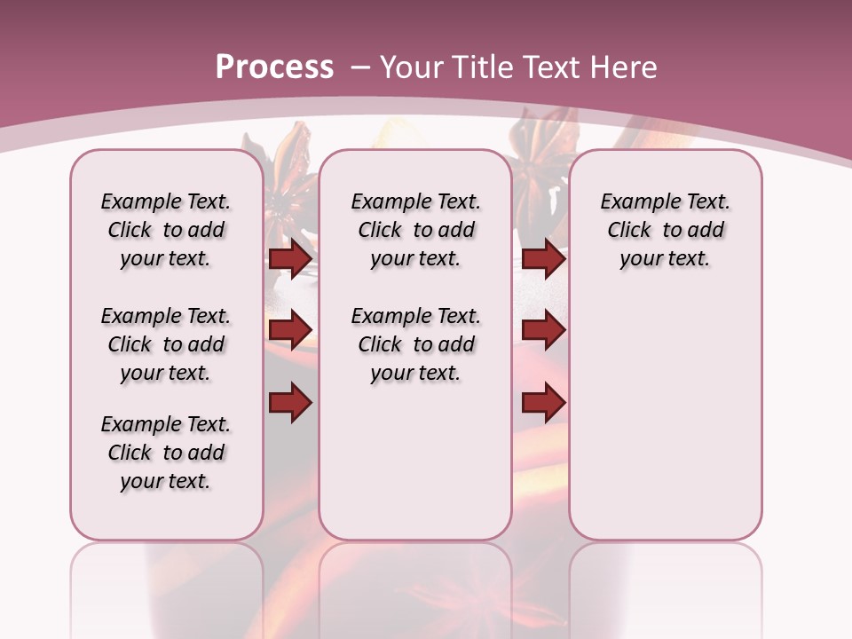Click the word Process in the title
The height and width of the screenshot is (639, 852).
[x=274, y=67]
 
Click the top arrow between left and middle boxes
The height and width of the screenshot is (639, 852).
[x=290, y=258]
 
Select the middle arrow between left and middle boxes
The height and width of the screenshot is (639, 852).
[x=290, y=330]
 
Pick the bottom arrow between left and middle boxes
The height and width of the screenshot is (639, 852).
[x=290, y=403]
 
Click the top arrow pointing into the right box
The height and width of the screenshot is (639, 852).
[x=543, y=258]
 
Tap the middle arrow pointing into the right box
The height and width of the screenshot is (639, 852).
[x=543, y=330]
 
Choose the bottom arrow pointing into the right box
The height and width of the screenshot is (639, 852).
[x=543, y=403]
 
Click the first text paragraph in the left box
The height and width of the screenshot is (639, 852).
[x=166, y=230]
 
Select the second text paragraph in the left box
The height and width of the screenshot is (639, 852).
[x=166, y=344]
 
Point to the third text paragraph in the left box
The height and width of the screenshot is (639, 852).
[x=166, y=453]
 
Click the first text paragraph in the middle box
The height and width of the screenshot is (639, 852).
[x=415, y=230]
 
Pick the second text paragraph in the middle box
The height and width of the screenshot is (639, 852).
[x=415, y=344]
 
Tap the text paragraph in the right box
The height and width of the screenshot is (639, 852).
[x=665, y=230]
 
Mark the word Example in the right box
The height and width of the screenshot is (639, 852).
[x=634, y=202]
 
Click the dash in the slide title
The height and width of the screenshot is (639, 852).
[x=359, y=67]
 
